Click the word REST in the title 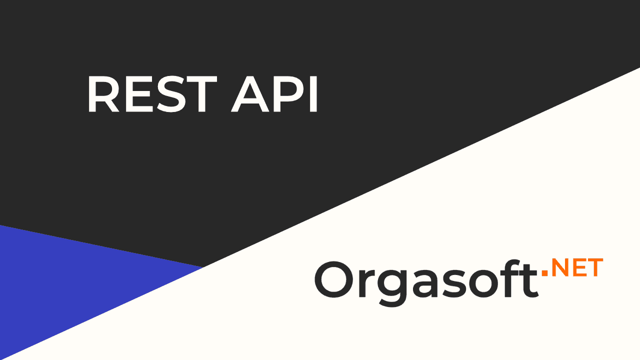[152, 93]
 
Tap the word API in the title [274, 93]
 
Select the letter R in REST [103, 93]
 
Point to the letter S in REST [170, 93]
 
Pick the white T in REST [201, 93]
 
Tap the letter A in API [250, 93]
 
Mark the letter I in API [313, 93]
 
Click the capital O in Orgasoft [333, 279]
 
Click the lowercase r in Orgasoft [367, 283]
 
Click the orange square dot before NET [544, 273]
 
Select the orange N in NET [561, 267]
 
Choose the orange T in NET [595, 267]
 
